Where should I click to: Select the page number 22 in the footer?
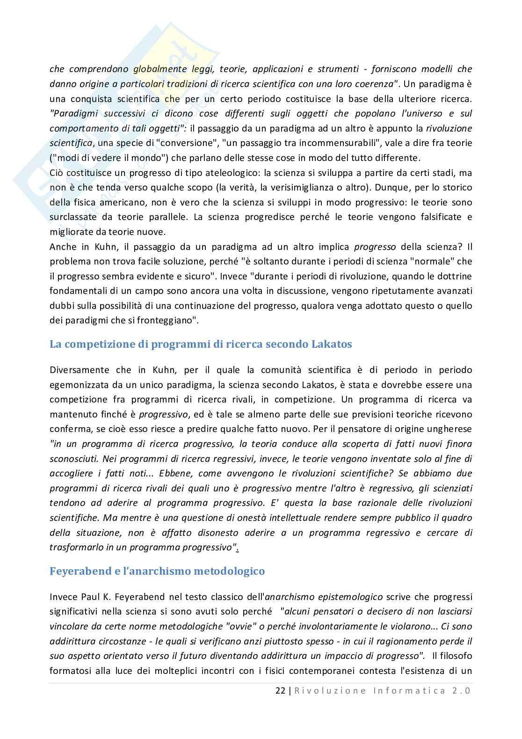point(280,691)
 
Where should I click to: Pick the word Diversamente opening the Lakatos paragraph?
point(79,370)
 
